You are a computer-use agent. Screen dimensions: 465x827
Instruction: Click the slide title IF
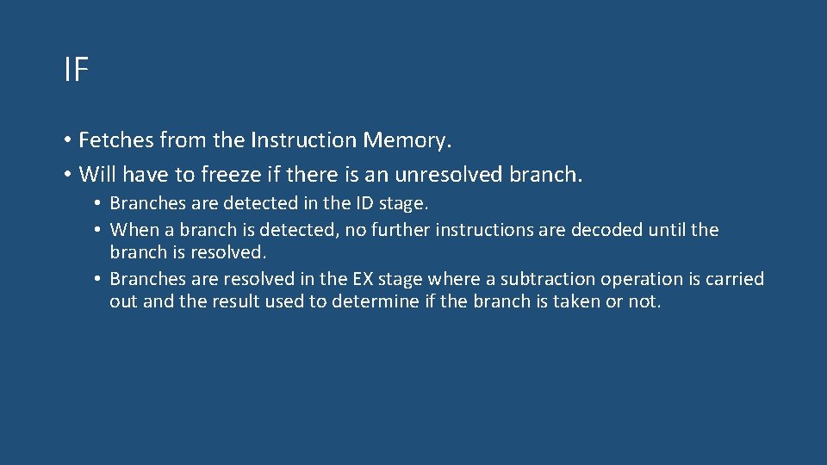click(76, 70)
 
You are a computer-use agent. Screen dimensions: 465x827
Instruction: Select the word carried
click(733, 279)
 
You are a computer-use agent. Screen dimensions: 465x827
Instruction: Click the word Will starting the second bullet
click(97, 175)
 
